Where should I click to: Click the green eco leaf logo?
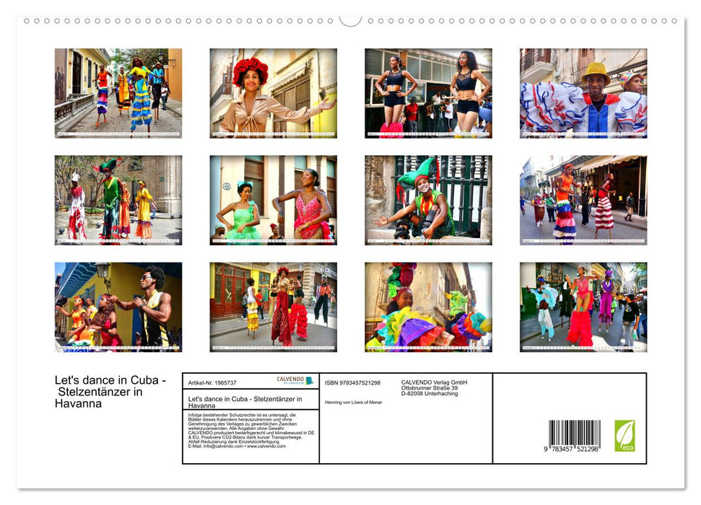(x=624, y=436)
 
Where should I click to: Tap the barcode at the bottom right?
(x=574, y=436)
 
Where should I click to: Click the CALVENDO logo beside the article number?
(x=295, y=380)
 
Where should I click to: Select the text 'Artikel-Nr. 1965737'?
(x=213, y=383)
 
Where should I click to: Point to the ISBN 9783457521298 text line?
(x=352, y=382)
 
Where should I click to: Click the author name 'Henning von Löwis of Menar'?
(x=353, y=402)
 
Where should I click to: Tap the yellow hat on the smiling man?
(x=596, y=70)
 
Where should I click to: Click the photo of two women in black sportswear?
(x=428, y=93)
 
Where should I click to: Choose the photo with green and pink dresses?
(x=273, y=200)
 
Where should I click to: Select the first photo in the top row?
(x=118, y=93)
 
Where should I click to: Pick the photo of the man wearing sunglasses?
(x=118, y=307)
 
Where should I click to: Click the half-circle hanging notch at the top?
(x=350, y=20)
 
